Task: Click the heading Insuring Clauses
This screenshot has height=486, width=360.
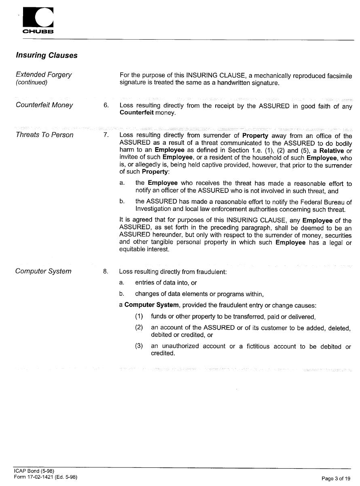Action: (x=47, y=55)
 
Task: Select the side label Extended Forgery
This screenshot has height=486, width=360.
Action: (x=44, y=74)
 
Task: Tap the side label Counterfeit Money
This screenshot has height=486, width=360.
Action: (x=44, y=105)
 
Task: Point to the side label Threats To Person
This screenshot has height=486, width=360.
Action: (x=44, y=135)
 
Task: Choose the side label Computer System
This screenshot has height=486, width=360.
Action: (x=43, y=271)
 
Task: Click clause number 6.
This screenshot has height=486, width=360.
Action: (x=106, y=106)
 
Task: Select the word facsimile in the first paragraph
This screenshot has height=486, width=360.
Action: (x=337, y=76)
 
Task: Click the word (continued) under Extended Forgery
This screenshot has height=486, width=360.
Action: (x=32, y=82)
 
